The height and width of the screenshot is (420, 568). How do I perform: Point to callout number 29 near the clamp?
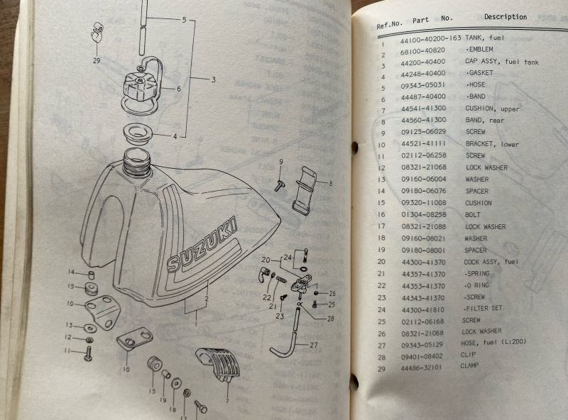click(x=97, y=61)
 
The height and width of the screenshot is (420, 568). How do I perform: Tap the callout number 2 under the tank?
click(x=206, y=300)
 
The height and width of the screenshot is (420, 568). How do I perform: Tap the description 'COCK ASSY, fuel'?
click(x=493, y=261)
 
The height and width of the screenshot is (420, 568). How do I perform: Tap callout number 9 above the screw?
click(x=280, y=163)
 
